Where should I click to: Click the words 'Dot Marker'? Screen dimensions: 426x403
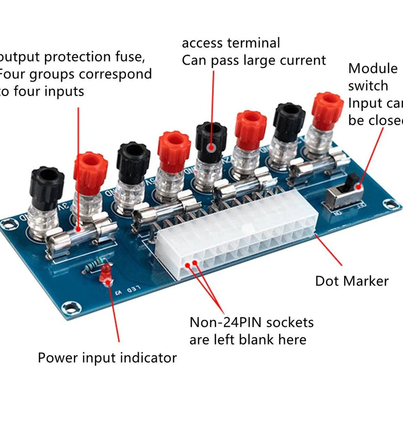pos(352,281)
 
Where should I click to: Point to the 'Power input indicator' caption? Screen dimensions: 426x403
pos(107,357)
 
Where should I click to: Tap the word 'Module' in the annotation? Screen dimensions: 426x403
pos(373,69)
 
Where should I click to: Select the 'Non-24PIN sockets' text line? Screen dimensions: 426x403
pos(252,323)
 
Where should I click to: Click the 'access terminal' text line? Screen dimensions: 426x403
pos(231,43)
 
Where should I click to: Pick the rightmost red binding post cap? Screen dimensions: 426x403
pos(327,109)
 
